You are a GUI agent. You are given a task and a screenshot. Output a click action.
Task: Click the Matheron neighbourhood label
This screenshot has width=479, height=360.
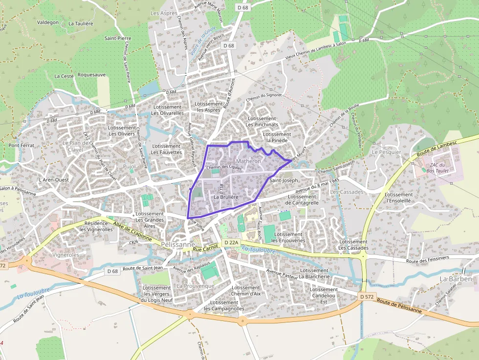248,161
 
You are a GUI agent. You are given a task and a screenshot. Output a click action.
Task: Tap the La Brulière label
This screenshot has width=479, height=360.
226,197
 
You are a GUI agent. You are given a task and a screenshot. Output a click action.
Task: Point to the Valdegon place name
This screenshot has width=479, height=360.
48,22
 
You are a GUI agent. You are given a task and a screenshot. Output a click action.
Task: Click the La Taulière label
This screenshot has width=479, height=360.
81,23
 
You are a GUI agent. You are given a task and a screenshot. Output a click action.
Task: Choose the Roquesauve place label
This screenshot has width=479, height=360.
91,75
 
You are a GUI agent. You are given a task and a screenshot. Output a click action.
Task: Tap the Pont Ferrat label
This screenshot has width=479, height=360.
21,146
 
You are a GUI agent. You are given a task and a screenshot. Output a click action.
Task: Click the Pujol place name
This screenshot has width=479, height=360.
130,167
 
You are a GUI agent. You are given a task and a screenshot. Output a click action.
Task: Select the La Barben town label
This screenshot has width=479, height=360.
456,279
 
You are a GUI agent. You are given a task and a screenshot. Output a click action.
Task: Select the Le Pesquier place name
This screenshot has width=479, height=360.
386,152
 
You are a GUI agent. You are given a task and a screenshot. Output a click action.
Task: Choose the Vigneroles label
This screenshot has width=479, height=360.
65,255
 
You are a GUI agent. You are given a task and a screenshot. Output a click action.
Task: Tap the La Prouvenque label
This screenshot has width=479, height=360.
196,286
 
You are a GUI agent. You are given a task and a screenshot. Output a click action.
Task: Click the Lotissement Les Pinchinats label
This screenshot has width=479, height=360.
262,122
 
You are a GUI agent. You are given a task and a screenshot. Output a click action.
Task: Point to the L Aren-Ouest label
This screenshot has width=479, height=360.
54,180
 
